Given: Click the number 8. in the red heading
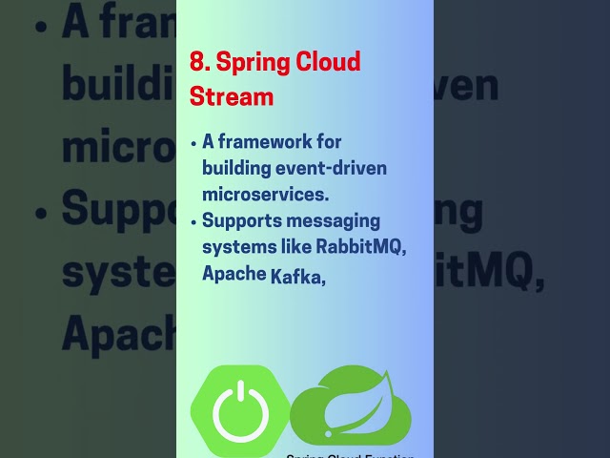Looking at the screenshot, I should (199, 64).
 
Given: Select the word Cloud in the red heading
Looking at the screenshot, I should (327, 64).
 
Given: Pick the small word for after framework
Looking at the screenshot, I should (329, 142).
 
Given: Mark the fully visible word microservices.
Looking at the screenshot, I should (266, 194).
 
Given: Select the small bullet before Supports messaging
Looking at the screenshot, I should (194, 221).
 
